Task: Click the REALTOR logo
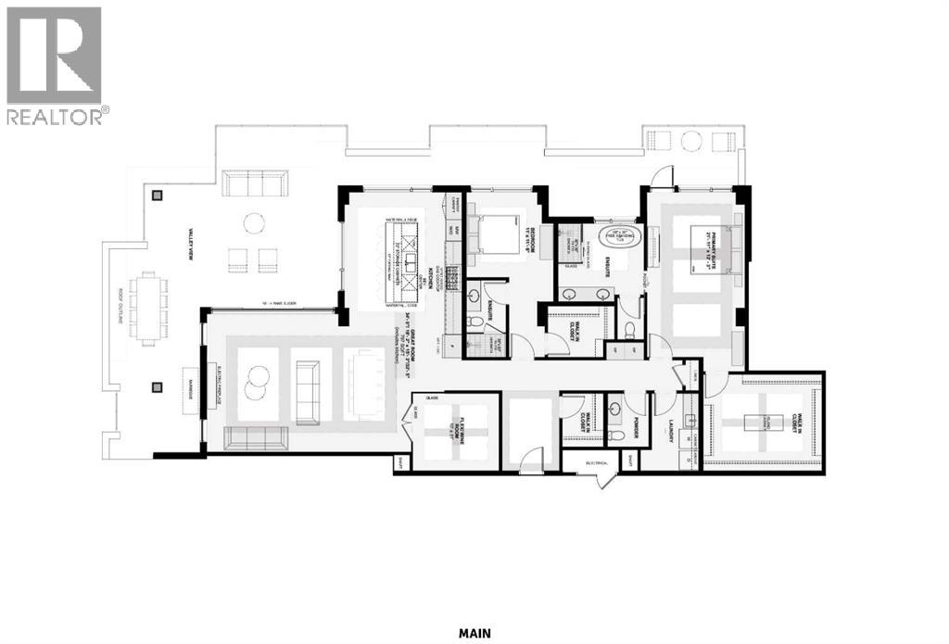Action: (x=55, y=65)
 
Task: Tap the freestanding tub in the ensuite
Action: (x=619, y=237)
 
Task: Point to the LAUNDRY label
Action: (x=671, y=431)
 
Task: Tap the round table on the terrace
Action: (x=253, y=222)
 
